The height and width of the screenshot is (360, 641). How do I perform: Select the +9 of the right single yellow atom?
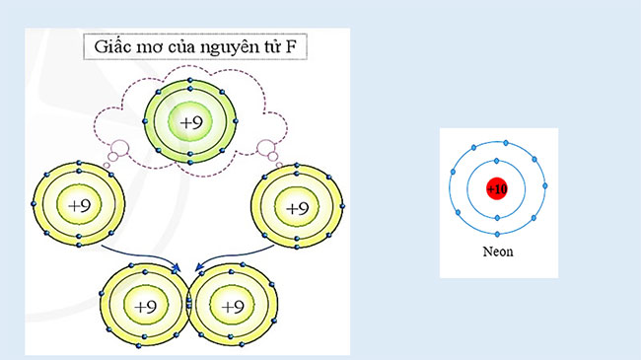click(x=297, y=208)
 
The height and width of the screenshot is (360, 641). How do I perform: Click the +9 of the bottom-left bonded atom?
click(x=146, y=305)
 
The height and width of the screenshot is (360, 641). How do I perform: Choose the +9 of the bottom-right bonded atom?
click(x=233, y=306)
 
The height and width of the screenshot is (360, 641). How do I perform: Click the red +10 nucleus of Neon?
click(x=497, y=188)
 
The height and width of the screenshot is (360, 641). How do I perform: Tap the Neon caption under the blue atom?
click(x=497, y=252)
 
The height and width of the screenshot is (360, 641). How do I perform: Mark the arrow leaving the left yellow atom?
click(x=138, y=258)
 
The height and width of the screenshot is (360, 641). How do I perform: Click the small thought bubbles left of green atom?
click(x=117, y=152)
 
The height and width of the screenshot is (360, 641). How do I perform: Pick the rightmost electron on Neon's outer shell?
click(x=545, y=185)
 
